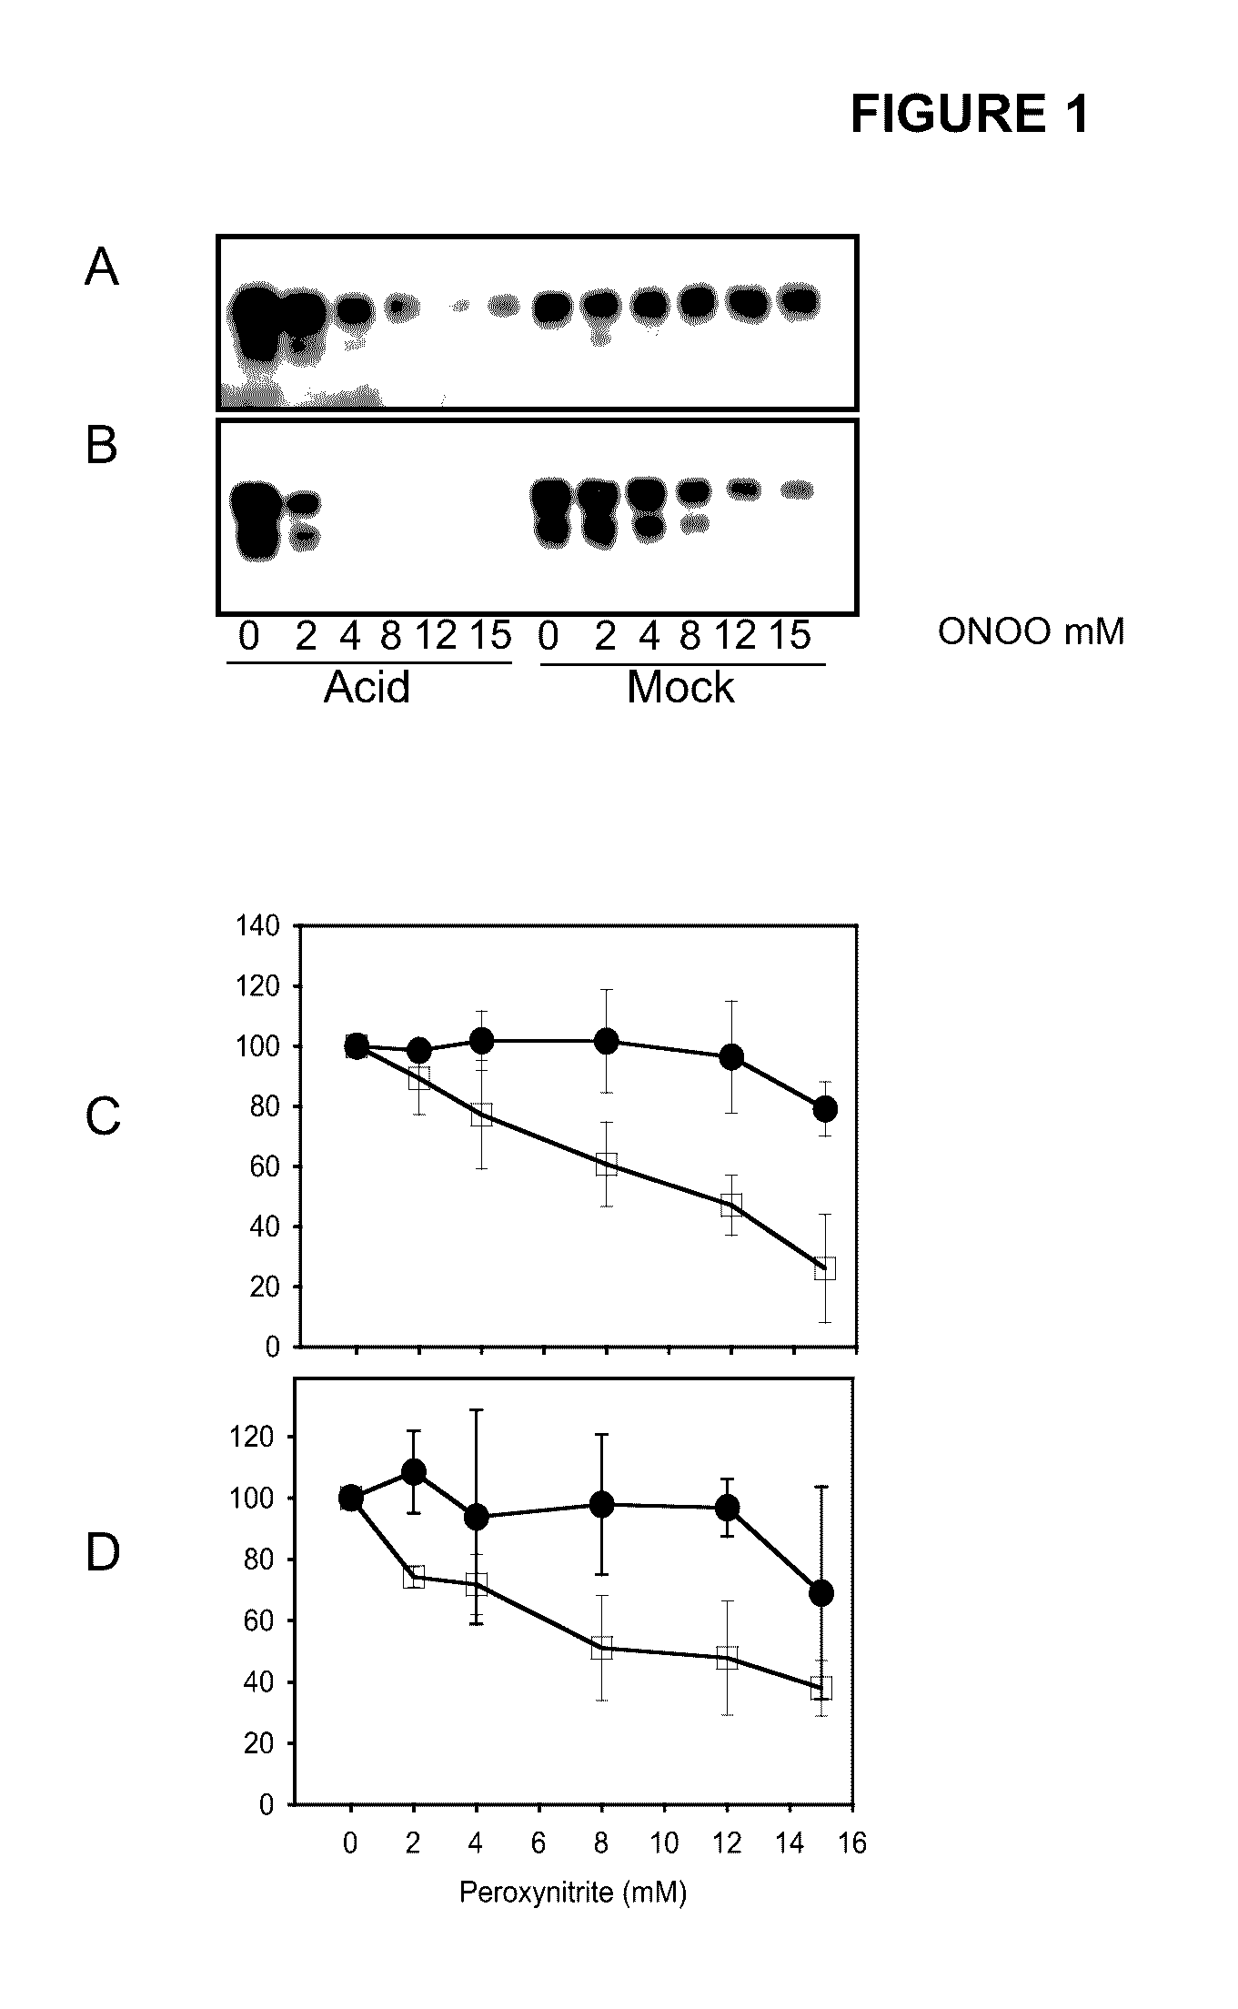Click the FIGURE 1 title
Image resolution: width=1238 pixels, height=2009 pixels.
click(969, 116)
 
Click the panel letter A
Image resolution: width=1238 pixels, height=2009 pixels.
click(101, 268)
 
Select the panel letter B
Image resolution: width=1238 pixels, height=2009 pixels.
click(101, 446)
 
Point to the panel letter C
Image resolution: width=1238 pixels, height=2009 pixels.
click(102, 1116)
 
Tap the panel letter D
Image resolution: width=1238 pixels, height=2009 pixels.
click(102, 1553)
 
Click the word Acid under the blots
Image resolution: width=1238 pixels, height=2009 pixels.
click(367, 688)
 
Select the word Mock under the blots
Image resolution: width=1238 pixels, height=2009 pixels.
click(680, 688)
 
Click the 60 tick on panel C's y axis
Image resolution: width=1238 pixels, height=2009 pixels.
click(265, 1167)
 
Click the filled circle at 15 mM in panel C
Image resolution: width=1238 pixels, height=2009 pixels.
click(825, 1108)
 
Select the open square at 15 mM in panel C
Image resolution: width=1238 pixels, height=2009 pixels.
click(825, 1269)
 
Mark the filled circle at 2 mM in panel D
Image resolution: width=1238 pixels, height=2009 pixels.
click(413, 1471)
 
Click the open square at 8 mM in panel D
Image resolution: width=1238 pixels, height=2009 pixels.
click(601, 1648)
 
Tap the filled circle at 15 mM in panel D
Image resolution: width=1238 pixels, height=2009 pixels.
click(821, 1593)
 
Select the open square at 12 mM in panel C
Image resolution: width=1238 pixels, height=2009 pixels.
click(730, 1206)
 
